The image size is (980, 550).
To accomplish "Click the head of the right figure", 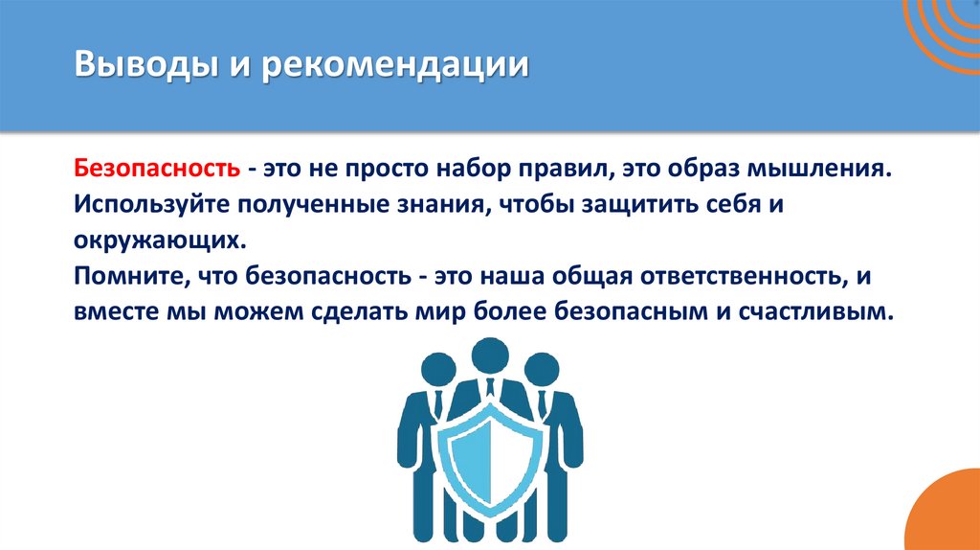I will (x=541, y=368).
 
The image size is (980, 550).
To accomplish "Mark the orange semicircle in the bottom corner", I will (x=947, y=518).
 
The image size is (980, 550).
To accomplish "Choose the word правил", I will (x=560, y=169).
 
